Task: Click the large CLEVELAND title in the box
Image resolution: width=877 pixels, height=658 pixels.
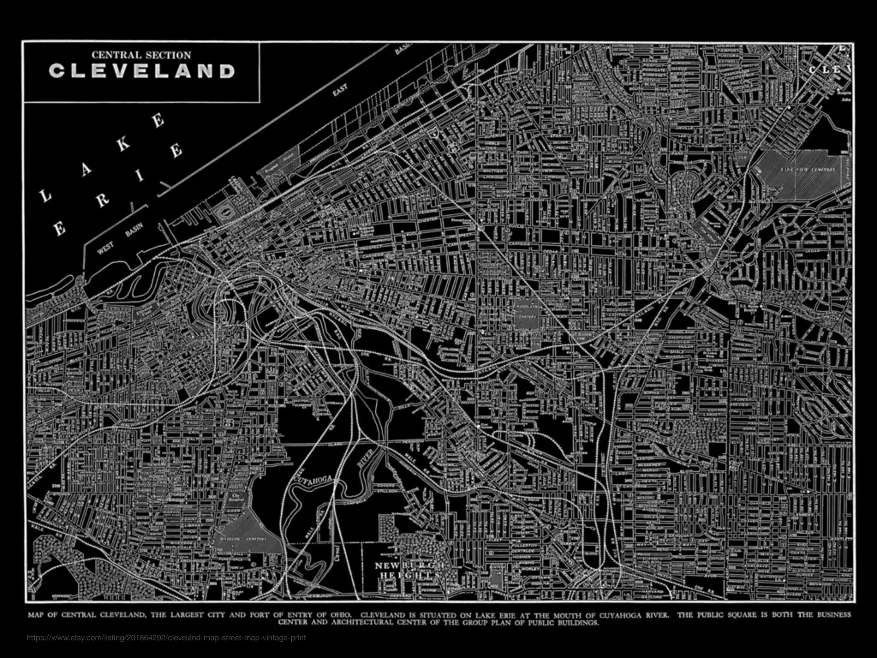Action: click(x=142, y=71)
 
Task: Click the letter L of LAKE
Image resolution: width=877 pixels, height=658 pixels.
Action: click(x=45, y=196)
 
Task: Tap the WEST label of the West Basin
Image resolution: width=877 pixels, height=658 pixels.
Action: click(x=105, y=248)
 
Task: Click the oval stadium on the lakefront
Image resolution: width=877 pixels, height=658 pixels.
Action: click(x=226, y=212)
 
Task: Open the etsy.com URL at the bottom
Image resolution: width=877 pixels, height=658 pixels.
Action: click(x=166, y=637)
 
